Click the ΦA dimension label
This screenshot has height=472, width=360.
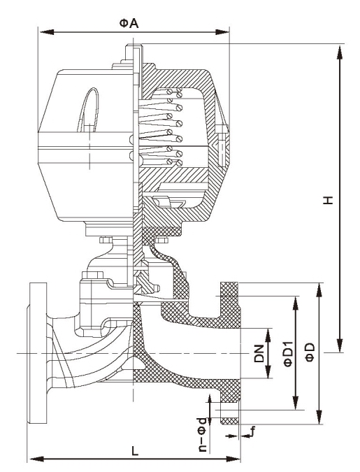(x=129, y=24)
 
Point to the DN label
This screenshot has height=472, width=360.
(x=259, y=353)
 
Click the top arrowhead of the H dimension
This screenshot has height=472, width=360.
(x=340, y=52)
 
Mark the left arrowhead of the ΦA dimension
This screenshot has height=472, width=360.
(x=46, y=32)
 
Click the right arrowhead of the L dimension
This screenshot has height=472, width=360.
(x=233, y=459)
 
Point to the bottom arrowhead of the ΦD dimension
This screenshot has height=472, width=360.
(x=319, y=417)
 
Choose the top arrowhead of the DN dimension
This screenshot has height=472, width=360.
(x=268, y=336)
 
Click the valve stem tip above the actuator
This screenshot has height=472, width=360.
(x=134, y=46)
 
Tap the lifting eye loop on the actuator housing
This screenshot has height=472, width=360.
(x=89, y=110)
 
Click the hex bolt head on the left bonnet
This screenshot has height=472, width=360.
(x=92, y=275)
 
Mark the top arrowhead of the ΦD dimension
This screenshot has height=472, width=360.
(x=319, y=290)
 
